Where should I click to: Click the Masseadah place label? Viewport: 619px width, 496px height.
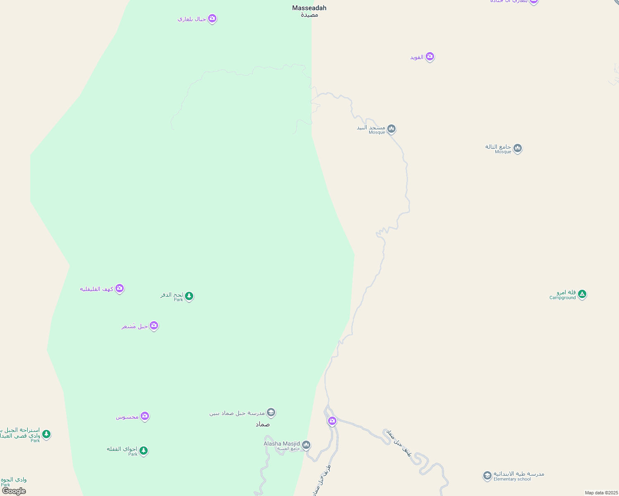click(x=309, y=8)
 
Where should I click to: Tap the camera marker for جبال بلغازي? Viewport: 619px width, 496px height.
click(x=212, y=19)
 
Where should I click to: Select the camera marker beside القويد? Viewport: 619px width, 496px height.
click(x=430, y=57)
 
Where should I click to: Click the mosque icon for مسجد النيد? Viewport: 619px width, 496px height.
click(x=391, y=129)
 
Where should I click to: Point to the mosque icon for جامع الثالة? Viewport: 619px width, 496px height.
click(x=517, y=148)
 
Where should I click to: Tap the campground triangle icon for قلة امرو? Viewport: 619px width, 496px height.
click(x=582, y=294)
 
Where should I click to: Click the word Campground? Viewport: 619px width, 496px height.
click(x=563, y=298)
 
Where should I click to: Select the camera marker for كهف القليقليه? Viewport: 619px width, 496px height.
click(x=120, y=289)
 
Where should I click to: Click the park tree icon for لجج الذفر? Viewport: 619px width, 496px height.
click(x=189, y=296)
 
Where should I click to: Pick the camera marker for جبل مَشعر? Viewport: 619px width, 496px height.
click(x=154, y=326)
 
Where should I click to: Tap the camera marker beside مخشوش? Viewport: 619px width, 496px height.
click(x=144, y=416)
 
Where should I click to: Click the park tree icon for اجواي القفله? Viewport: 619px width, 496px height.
click(x=144, y=451)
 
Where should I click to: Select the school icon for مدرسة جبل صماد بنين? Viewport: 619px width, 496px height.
click(x=271, y=412)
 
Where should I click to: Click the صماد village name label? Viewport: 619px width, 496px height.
click(x=262, y=424)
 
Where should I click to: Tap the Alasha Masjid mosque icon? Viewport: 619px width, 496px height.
click(x=306, y=445)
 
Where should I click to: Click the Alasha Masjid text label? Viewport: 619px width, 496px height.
click(x=282, y=444)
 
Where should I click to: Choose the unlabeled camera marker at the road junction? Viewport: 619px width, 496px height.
click(x=332, y=421)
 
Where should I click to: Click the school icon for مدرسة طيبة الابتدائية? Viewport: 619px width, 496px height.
click(x=487, y=475)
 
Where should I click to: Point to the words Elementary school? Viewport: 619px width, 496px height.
click(x=512, y=479)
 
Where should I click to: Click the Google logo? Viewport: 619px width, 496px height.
click(x=14, y=491)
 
